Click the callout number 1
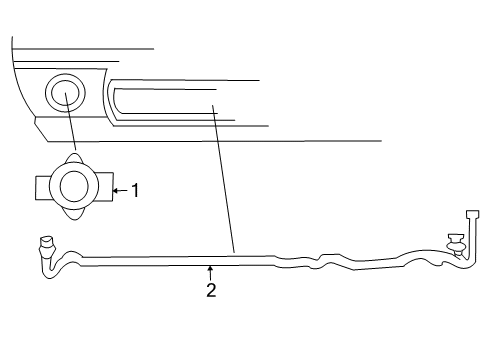(x=136, y=188)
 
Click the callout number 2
(x=211, y=291)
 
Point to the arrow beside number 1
(x=120, y=188)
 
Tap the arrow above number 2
(x=211, y=271)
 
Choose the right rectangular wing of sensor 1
(x=105, y=187)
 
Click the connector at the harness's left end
(x=45, y=243)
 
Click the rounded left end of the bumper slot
(x=116, y=100)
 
